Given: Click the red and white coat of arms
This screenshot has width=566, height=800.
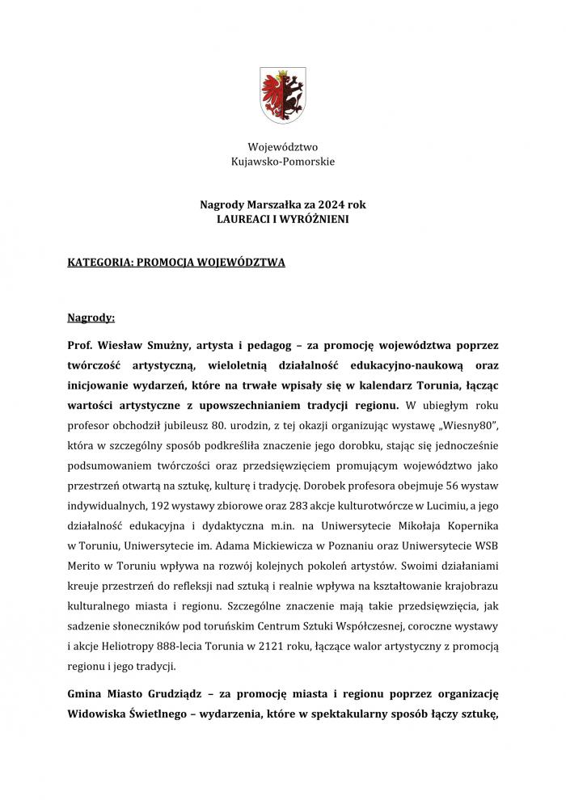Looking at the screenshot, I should (282, 95).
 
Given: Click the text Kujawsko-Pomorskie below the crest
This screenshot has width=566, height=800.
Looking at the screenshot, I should (282, 162).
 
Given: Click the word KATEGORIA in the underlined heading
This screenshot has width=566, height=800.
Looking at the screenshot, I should (100, 263).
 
